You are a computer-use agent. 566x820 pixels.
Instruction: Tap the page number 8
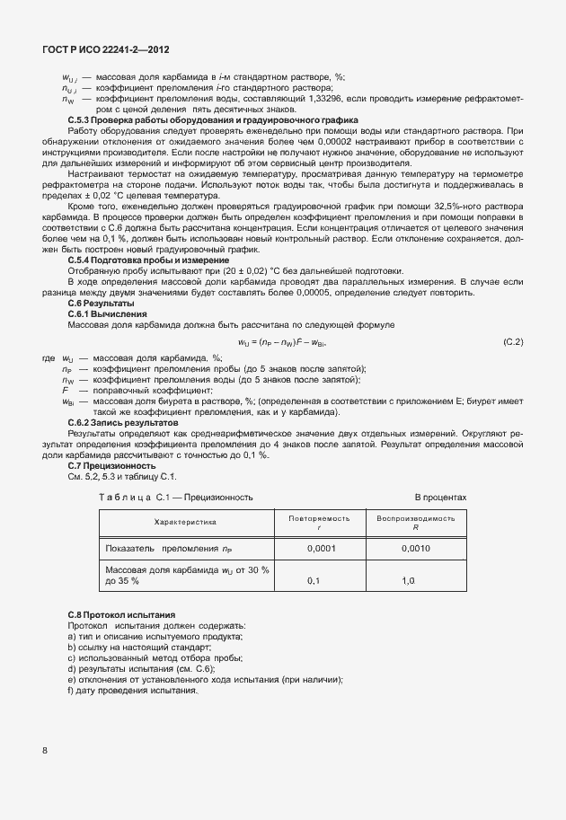pyautogui.click(x=44, y=750)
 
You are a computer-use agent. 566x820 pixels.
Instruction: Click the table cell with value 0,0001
pyautogui.click(x=321, y=549)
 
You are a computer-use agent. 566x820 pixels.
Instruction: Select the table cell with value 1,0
pyautogui.click(x=408, y=581)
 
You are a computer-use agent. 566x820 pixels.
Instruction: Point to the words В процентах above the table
pyautogui.click(x=440, y=497)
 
